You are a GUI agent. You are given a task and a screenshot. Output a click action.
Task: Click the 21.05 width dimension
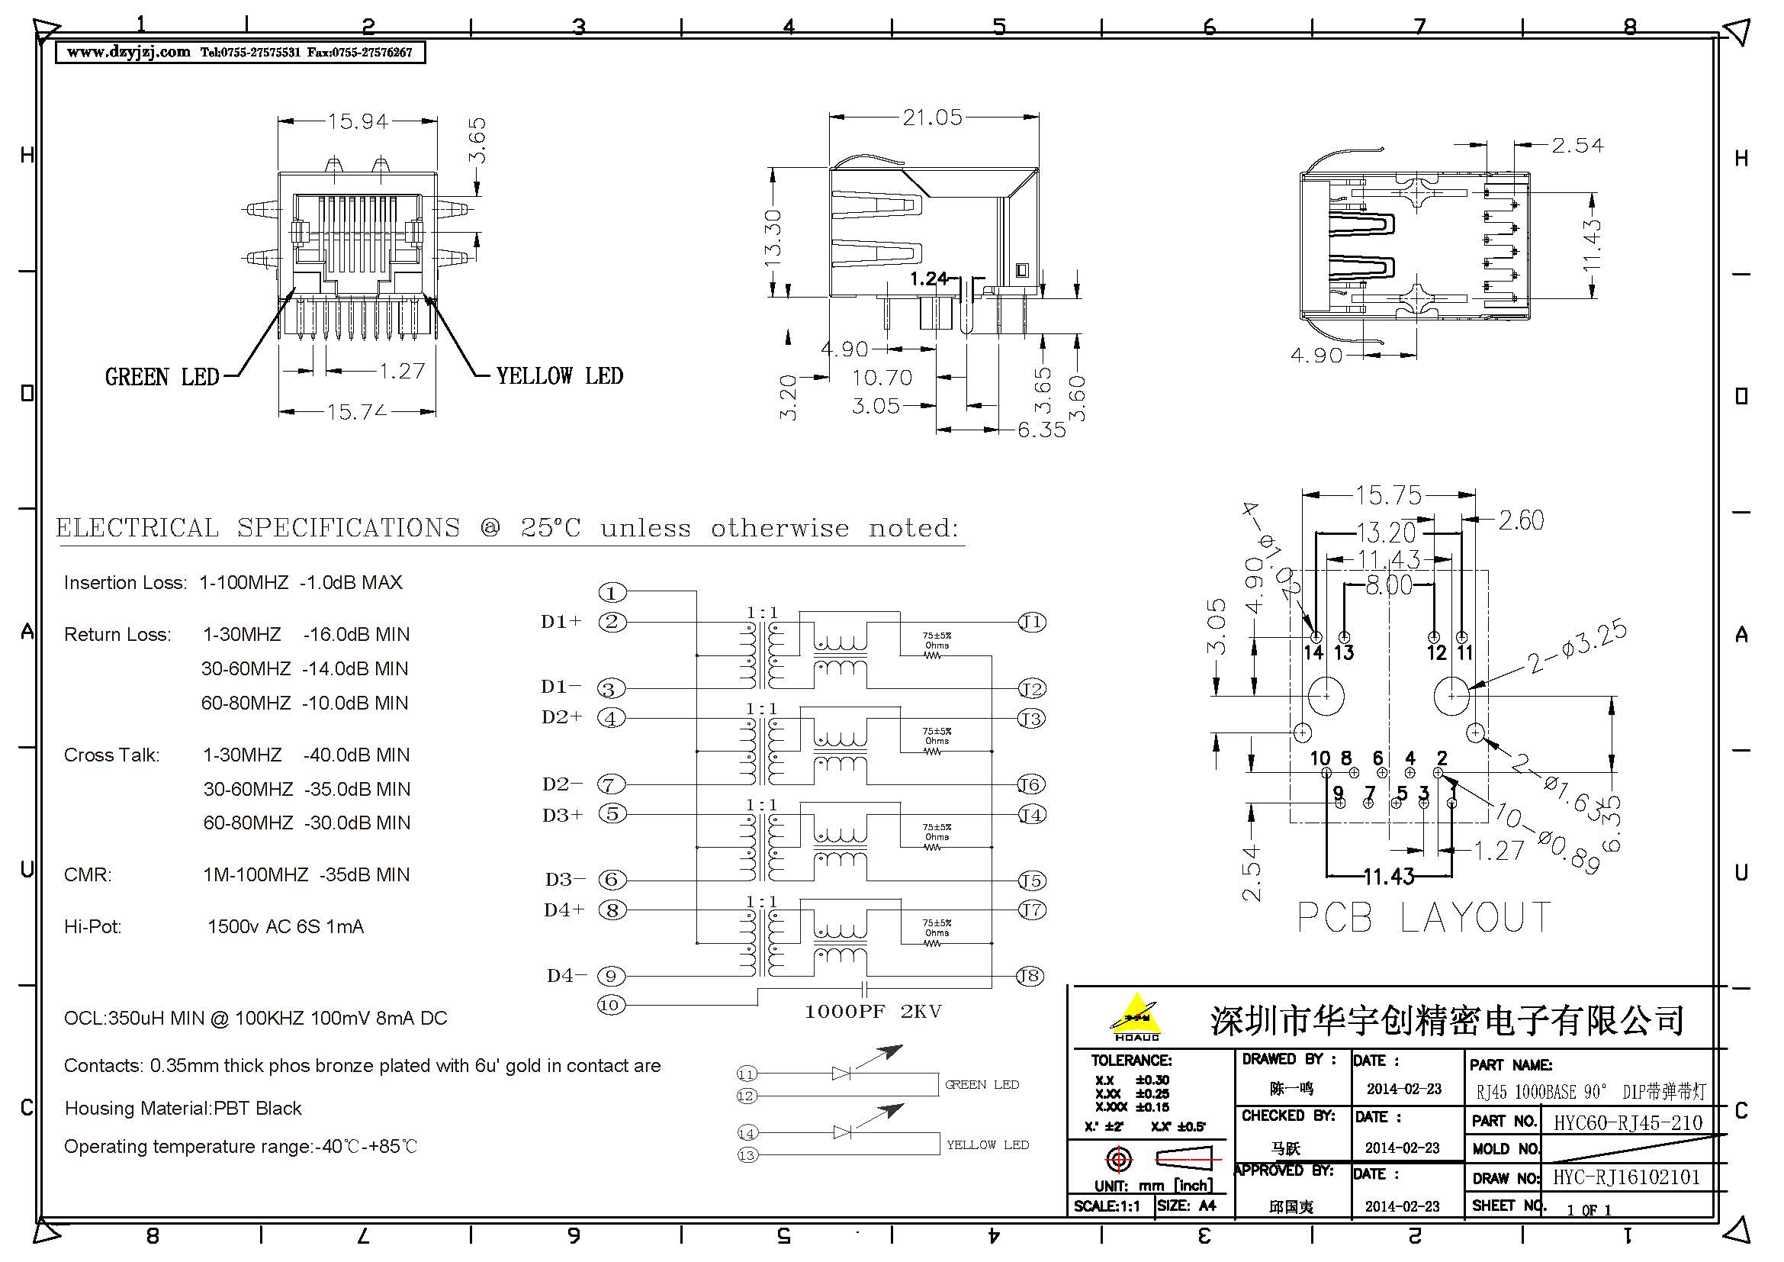(x=931, y=118)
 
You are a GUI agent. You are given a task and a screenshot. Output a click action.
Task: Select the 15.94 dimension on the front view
(x=358, y=121)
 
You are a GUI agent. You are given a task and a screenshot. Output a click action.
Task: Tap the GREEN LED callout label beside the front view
(x=162, y=377)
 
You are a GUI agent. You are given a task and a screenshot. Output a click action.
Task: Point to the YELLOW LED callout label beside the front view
(x=559, y=376)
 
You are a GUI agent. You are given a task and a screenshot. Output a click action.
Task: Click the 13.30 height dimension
(x=773, y=238)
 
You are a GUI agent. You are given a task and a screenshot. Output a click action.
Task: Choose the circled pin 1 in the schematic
(x=612, y=593)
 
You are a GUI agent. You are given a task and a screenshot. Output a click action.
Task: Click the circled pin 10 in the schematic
(x=611, y=1005)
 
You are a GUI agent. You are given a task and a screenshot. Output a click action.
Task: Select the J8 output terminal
(x=1030, y=976)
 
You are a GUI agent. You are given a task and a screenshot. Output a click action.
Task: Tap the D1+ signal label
(x=561, y=622)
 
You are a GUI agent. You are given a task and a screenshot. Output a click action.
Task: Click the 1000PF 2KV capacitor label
(x=873, y=1011)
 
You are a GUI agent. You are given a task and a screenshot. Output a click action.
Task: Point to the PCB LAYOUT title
(x=1424, y=918)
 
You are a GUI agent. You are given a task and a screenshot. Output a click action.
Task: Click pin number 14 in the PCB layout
(x=1313, y=653)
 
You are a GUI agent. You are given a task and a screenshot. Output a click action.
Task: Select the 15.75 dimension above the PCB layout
(x=1387, y=495)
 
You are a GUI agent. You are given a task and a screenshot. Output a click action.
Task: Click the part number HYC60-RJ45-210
(x=1627, y=1122)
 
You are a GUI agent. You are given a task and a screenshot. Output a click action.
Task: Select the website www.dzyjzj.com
(x=128, y=52)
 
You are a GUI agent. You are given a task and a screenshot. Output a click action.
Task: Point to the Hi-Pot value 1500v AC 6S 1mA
(x=285, y=926)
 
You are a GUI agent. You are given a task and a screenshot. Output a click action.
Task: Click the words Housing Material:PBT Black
(x=182, y=1108)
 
